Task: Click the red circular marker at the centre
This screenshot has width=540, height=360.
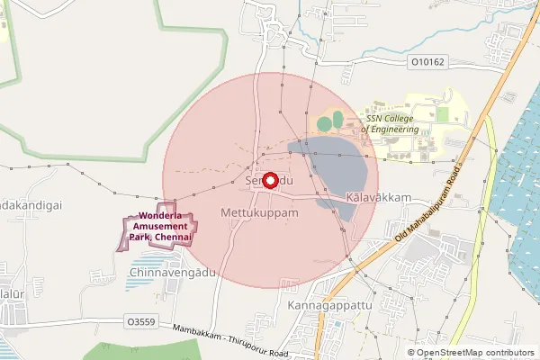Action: coord(268,180)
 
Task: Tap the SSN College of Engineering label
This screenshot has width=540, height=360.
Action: coord(391,123)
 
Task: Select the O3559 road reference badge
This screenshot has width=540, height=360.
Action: coord(140,320)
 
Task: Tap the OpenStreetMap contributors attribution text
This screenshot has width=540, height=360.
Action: coord(475,353)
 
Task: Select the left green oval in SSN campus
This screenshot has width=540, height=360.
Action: coord(324,121)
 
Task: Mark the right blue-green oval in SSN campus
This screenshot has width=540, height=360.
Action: coord(337,118)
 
